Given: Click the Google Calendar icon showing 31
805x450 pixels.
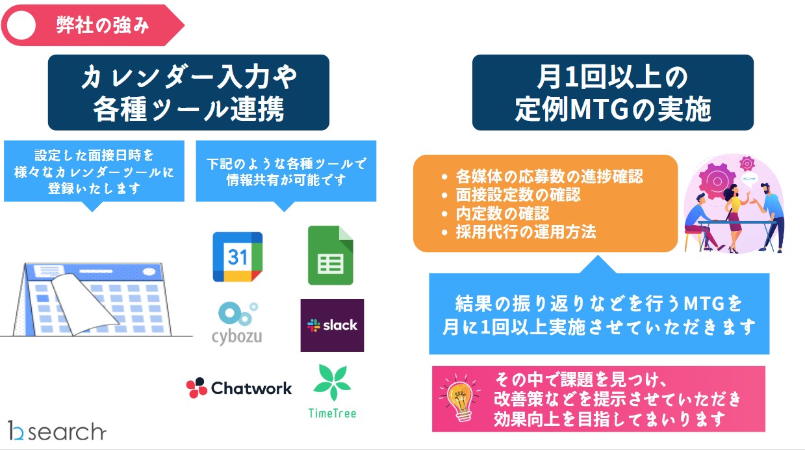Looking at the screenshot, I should [x=238, y=257].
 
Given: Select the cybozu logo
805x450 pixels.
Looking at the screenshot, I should [x=237, y=323].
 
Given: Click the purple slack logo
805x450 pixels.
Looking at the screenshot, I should [x=332, y=325].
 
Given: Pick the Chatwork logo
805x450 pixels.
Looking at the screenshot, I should [x=239, y=388].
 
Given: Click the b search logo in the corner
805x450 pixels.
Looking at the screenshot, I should [x=57, y=430].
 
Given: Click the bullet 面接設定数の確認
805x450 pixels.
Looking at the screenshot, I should [x=517, y=194].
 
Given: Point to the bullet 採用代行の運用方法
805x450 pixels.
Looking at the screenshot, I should [x=525, y=232].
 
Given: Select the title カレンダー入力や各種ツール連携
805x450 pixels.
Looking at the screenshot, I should [x=188, y=93].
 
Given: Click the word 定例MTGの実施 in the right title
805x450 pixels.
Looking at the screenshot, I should [x=613, y=110].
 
